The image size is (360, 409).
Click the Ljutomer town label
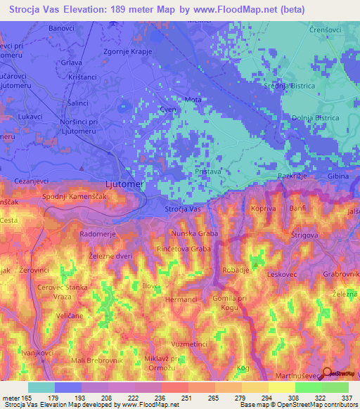click(124, 184)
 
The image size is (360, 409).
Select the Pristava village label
click(208, 171)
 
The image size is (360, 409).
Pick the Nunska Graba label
click(195, 233)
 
